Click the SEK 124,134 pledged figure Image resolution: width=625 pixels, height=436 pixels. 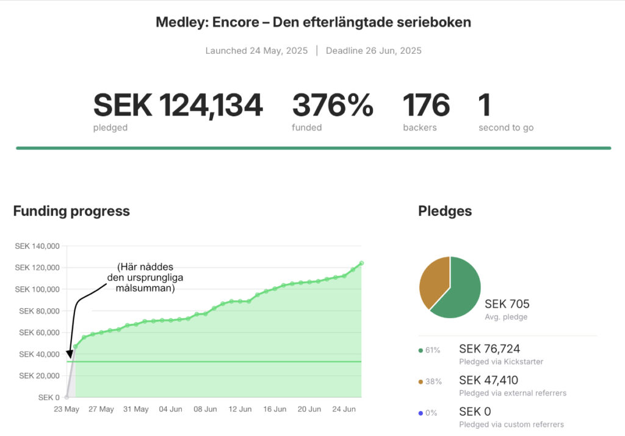(178, 105)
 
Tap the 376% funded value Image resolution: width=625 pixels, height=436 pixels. (332, 105)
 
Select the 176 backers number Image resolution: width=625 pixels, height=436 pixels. (426, 105)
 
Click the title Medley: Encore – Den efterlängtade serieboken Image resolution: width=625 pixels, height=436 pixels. (313, 23)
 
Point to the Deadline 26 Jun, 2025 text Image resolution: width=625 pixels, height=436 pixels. (374, 51)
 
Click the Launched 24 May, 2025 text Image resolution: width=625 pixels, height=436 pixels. (256, 51)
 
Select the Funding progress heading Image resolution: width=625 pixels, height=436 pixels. (71, 212)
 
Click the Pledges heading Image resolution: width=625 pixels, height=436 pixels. (445, 212)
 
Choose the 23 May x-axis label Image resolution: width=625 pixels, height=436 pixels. (67, 409)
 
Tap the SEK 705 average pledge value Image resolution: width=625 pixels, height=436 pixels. (507, 304)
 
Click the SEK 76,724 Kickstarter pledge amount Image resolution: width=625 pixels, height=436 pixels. (490, 349)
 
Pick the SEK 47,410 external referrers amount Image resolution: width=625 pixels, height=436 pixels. (488, 380)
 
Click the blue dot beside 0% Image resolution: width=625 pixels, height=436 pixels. (421, 413)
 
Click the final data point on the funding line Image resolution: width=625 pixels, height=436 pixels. (361, 263)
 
